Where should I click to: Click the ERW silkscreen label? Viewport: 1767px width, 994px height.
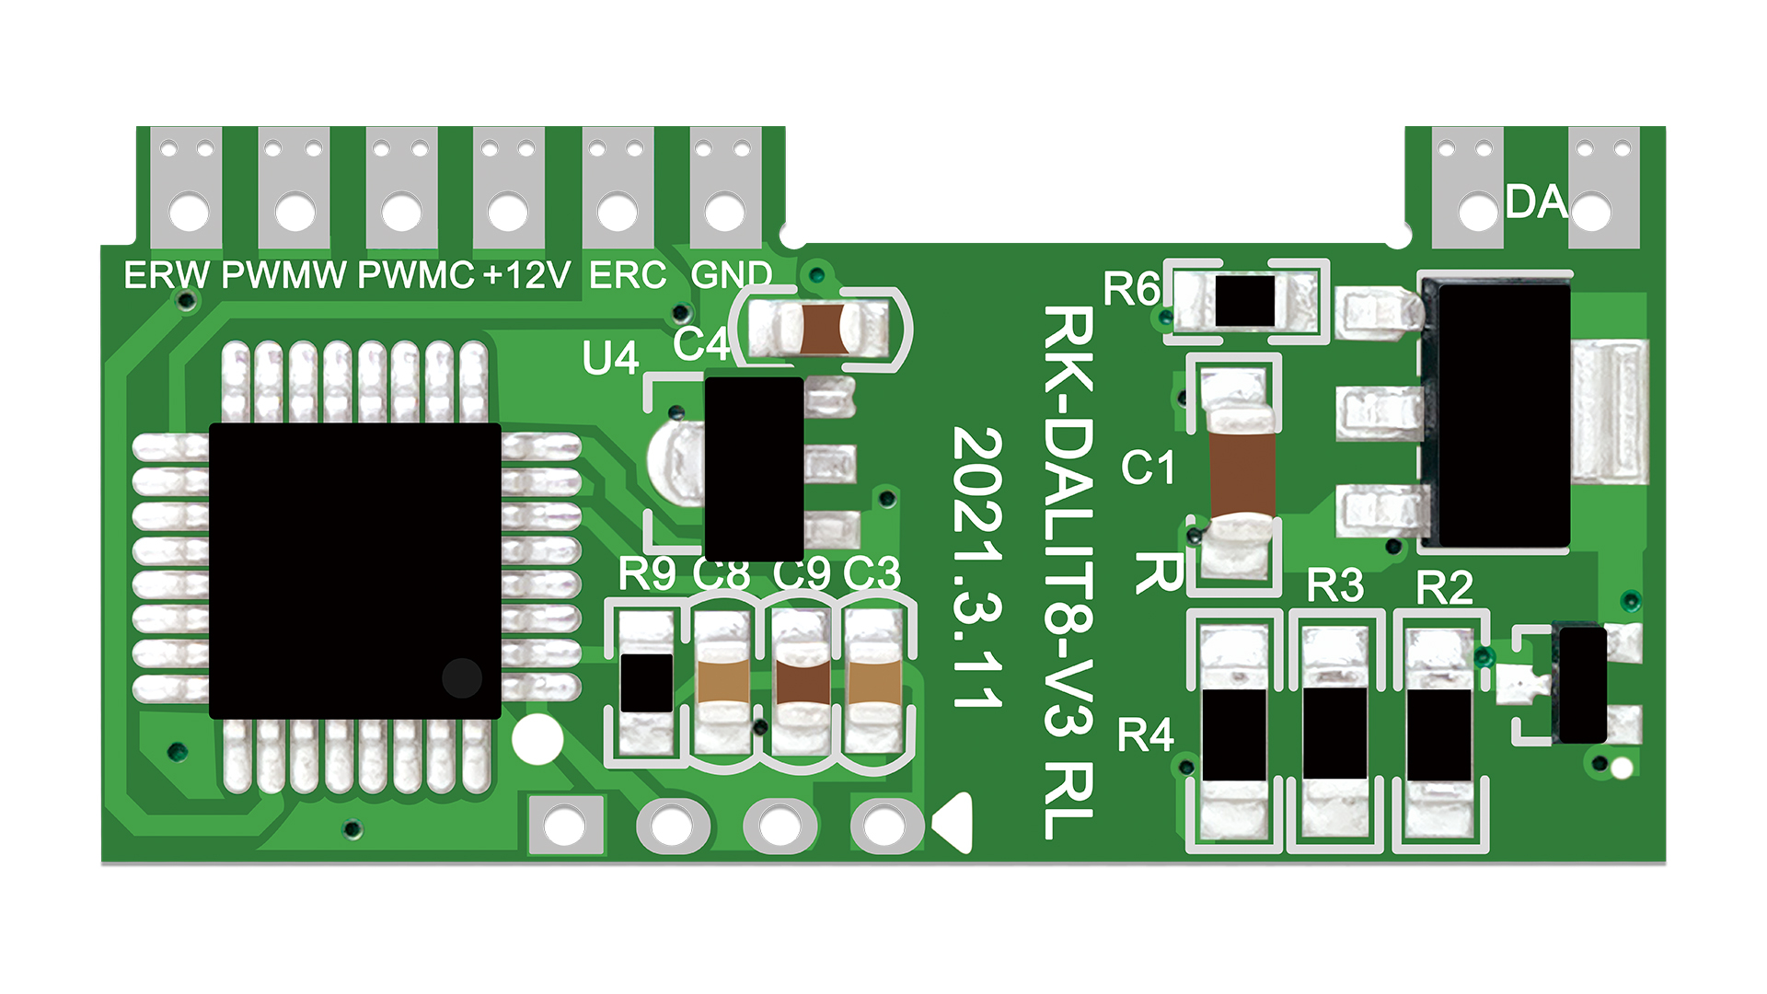tap(167, 275)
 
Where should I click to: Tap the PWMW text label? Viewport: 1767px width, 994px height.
tap(284, 275)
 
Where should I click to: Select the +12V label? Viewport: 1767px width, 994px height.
tap(527, 275)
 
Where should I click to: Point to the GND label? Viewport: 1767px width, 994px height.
tap(731, 275)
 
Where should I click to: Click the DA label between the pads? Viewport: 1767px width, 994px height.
tap(1536, 202)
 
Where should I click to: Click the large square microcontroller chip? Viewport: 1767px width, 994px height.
tap(355, 571)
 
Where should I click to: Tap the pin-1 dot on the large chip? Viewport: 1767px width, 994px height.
tap(462, 678)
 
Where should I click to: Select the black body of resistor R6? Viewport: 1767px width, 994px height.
tap(1244, 301)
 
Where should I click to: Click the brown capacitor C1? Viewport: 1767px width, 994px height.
tap(1242, 473)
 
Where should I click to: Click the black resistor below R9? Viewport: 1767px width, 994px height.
tap(646, 683)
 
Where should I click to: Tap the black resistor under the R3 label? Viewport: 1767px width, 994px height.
tap(1334, 734)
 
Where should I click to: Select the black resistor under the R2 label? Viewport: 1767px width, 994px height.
tap(1438, 734)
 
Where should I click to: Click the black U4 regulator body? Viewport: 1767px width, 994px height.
tap(754, 468)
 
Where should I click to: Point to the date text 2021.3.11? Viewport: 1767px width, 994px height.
tap(977, 567)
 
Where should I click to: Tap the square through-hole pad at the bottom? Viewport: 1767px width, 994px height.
tap(565, 825)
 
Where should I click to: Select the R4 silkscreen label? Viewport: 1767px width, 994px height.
tap(1145, 735)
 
